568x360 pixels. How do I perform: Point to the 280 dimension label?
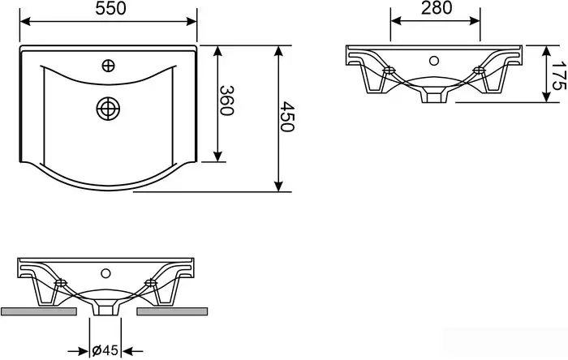coord(437,9)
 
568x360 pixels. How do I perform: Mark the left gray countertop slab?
coord(39,311)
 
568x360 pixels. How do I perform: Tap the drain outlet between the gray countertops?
coord(105,309)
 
